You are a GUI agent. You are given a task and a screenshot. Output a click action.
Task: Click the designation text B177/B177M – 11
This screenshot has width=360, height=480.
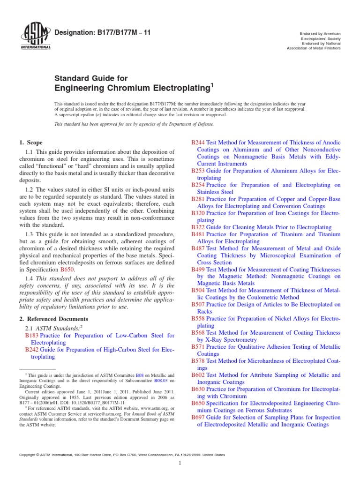click(108, 32)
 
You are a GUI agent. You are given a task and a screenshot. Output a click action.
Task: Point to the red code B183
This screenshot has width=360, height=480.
click(32, 336)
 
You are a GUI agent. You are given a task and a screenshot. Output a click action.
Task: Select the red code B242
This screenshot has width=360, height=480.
click(32, 350)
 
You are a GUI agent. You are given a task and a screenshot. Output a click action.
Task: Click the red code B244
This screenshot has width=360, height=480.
click(199, 142)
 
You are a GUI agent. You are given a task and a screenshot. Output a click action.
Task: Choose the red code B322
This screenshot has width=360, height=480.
click(199, 227)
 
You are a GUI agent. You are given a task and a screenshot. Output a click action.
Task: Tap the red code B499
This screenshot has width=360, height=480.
click(199, 270)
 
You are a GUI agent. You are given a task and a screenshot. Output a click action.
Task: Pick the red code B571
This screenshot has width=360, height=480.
click(199, 347)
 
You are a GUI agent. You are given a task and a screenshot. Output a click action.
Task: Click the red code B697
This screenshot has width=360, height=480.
click(199, 417)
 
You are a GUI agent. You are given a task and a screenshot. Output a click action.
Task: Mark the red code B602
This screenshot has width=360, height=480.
click(199, 375)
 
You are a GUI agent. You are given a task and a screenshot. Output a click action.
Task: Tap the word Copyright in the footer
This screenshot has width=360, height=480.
click(27, 455)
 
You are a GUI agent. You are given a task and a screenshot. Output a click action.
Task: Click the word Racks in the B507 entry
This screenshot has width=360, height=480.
click(205, 311)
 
